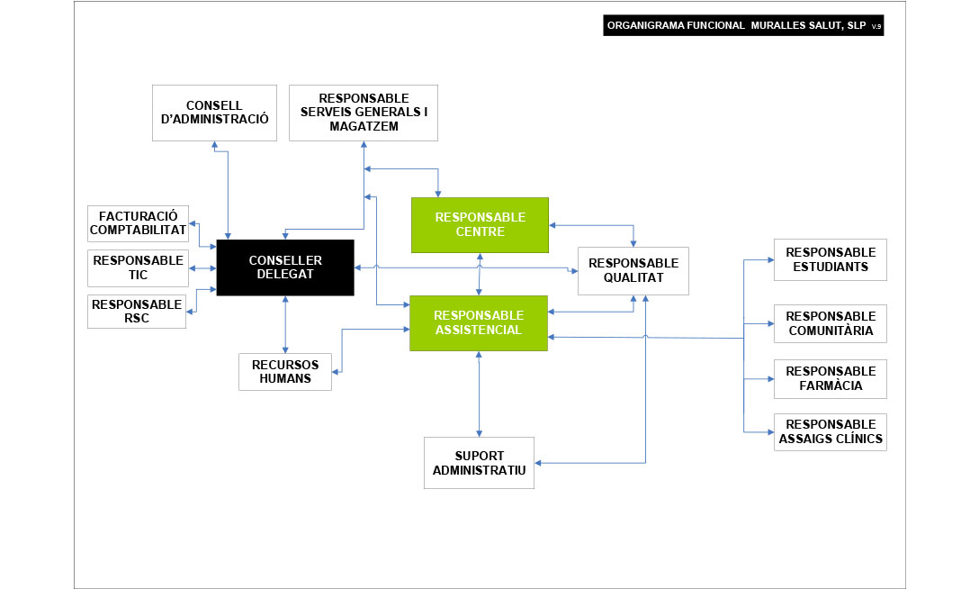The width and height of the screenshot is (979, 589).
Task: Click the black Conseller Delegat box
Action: pyautogui.click(x=285, y=267)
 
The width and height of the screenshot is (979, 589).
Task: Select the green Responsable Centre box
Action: pyautogui.click(x=480, y=224)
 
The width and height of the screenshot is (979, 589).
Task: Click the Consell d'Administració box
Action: pyautogui.click(x=214, y=113)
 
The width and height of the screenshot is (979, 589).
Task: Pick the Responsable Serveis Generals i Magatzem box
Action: pyautogui.click(x=363, y=113)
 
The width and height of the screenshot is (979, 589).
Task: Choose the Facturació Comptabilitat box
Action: pyautogui.click(x=138, y=223)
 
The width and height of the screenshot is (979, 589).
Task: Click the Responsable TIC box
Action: pyautogui.click(x=138, y=267)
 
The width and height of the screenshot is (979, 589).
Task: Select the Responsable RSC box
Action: pyautogui.click(x=137, y=311)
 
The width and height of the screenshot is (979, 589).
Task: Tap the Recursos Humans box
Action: pyautogui.click(x=285, y=372)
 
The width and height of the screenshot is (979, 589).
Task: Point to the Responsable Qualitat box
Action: pyautogui.click(x=633, y=270)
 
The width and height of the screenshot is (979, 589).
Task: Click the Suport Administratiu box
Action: pyautogui.click(x=479, y=463)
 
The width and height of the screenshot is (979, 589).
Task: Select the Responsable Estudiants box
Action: pyautogui.click(x=830, y=259)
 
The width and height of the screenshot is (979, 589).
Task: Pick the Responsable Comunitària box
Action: pyautogui.click(x=830, y=323)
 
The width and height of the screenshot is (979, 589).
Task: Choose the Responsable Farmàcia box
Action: pyautogui.click(x=830, y=378)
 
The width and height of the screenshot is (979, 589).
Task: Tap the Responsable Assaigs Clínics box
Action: pyautogui.click(x=830, y=432)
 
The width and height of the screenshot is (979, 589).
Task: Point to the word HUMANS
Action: pyautogui.click(x=285, y=378)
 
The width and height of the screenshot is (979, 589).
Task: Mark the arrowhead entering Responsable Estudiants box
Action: pyautogui.click(x=769, y=259)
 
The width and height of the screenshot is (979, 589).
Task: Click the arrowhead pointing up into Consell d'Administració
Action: pyautogui.click(x=214, y=144)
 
